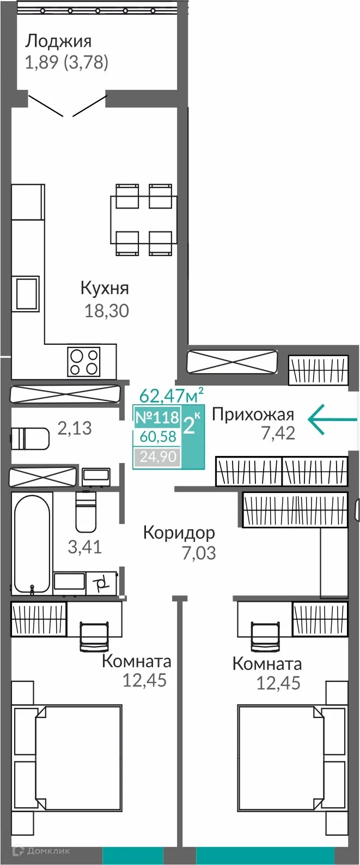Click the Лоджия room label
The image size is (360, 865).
58,41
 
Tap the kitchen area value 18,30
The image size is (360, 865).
107,311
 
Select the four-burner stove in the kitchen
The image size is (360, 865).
84,361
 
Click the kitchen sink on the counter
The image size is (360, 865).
27,294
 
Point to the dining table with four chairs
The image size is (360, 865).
144,220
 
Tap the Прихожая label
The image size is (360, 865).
253,415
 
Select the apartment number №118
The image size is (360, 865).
157,418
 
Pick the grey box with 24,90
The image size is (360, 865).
157,456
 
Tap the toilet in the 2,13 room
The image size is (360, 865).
30,437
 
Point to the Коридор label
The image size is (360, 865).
179,532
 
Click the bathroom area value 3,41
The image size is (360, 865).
84,546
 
